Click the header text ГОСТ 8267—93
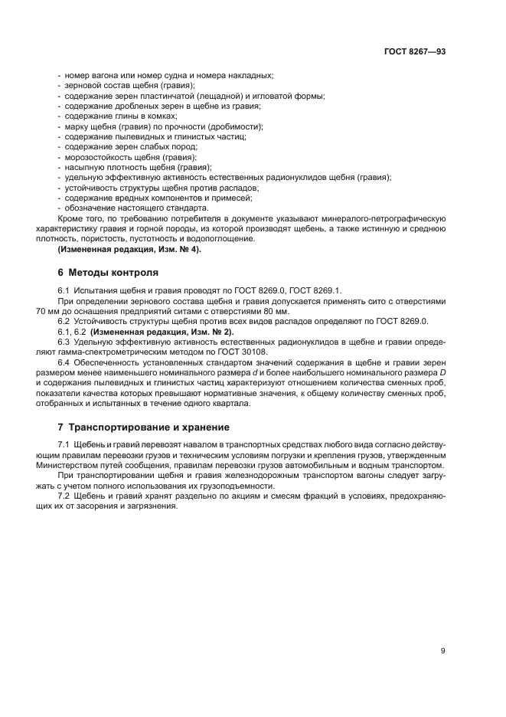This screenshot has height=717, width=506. point(415,51)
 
